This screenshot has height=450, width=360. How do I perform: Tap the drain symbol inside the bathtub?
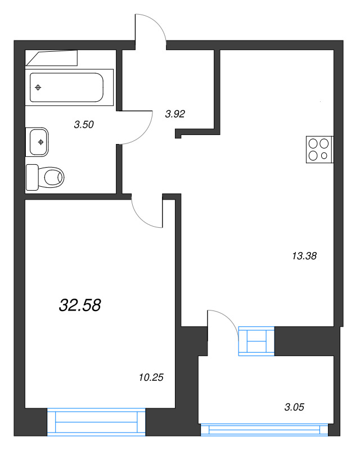point(38,87)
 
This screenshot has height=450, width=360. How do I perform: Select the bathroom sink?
point(38,142)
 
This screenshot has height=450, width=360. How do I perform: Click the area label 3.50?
point(83,125)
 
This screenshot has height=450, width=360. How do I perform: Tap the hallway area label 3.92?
point(175,114)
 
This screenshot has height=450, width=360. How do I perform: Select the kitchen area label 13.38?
point(304,255)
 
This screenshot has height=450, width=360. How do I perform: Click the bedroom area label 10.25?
point(150,377)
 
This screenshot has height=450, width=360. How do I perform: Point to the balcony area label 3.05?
point(294,407)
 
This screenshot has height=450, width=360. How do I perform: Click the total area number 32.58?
point(80,305)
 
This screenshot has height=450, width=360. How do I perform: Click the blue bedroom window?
point(96,421)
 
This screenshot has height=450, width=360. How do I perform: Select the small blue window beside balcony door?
point(256,341)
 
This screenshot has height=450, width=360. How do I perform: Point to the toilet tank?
point(31,177)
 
